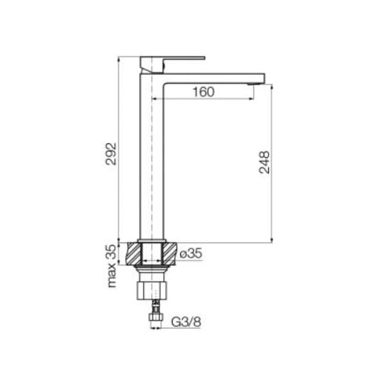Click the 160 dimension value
tap(204, 92)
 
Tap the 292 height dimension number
tap(111, 153)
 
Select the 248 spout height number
tap(265, 162)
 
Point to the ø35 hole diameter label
tap(191, 253)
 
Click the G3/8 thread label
tap(186, 322)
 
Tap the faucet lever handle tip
tap(204, 58)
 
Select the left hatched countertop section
tap(134, 254)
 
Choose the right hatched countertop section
tap(169, 254)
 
